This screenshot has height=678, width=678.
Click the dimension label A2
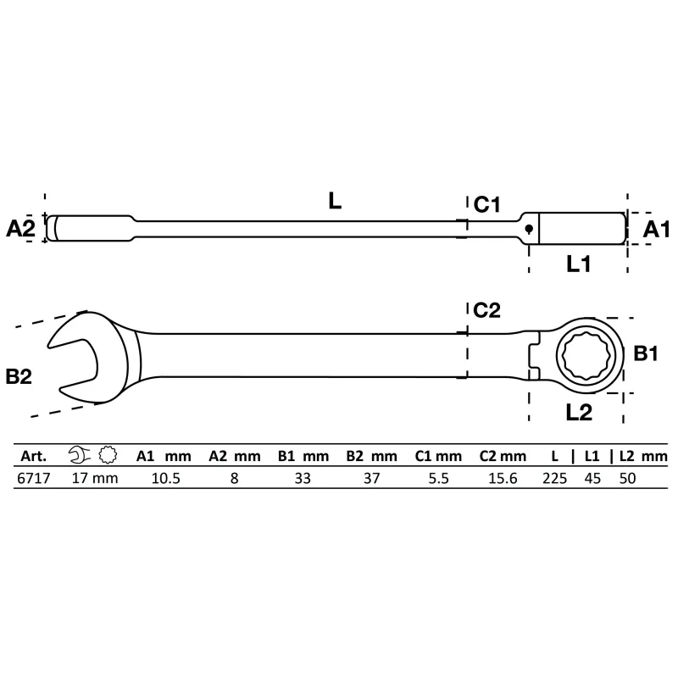(21, 228)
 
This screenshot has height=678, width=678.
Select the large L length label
(335, 201)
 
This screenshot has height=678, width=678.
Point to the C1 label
(487, 204)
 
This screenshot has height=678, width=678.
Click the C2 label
(487, 310)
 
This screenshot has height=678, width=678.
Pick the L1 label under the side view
(578, 264)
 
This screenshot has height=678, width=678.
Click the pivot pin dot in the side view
(529, 228)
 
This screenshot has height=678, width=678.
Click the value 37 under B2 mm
(370, 478)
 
